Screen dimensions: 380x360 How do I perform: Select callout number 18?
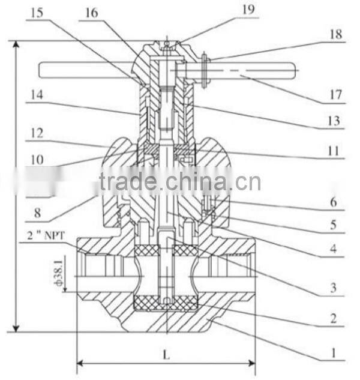click(x=335, y=35)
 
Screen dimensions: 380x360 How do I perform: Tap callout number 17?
click(x=335, y=95)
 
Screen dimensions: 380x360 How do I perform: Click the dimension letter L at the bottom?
click(x=166, y=355)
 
